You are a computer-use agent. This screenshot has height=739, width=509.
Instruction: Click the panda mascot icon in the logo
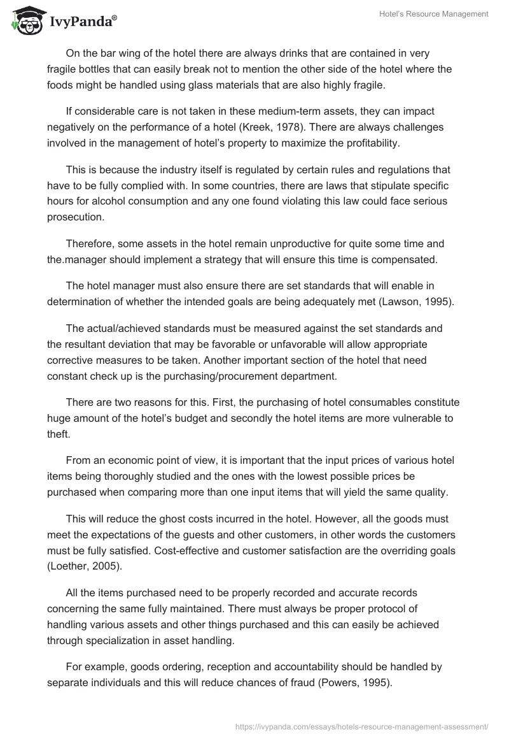coord(25,21)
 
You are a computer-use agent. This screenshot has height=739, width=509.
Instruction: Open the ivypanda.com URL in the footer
coord(362,726)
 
